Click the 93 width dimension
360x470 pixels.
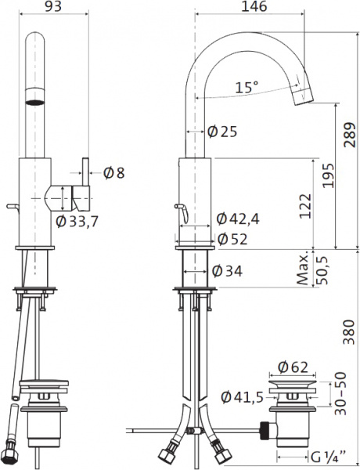pos(53,6)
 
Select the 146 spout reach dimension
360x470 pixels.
pos(254,6)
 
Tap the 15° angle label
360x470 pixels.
pos(247,87)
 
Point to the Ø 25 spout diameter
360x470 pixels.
pos(222,132)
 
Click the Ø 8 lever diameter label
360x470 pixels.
pos(113,172)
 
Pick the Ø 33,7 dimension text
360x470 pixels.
pos(77,222)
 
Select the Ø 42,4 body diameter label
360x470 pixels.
pos(238,219)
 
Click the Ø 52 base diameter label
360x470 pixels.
pos(232,239)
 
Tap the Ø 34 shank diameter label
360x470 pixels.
pos(227,271)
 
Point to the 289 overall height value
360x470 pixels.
pos(350,135)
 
